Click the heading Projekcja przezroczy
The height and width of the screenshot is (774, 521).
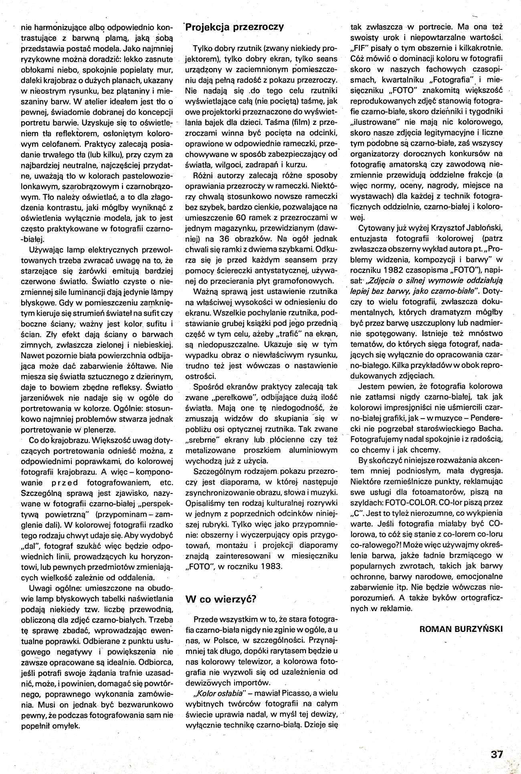(234, 27)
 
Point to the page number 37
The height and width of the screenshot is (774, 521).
(496, 754)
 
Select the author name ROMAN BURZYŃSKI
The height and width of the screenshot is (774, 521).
(460, 628)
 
